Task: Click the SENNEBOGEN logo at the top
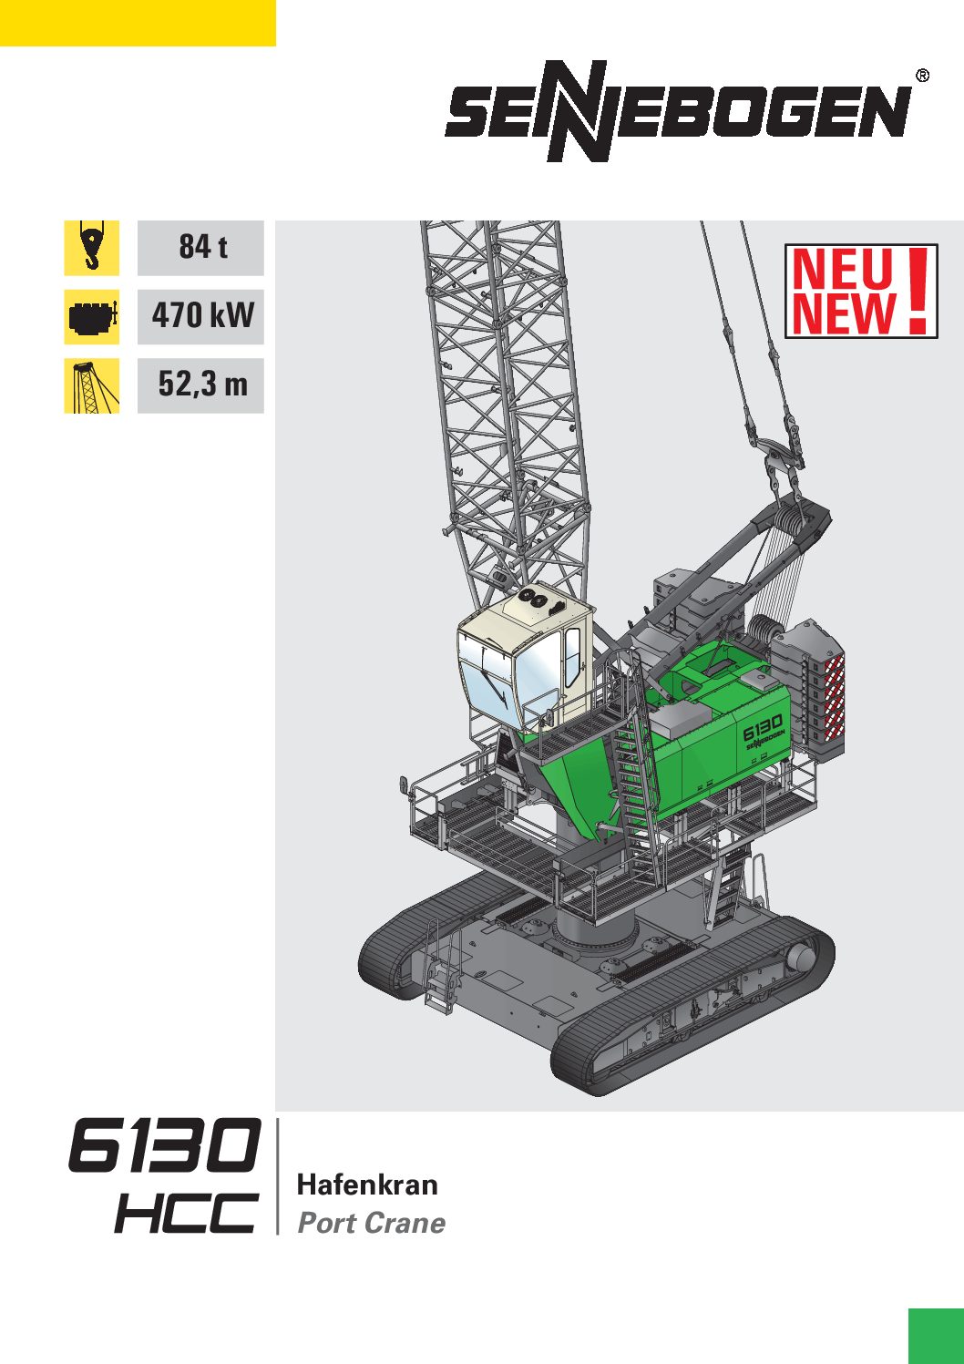click(679, 112)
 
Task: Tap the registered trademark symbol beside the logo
click(922, 76)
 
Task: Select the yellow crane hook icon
click(91, 247)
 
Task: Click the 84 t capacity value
click(201, 247)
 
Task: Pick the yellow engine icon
click(91, 316)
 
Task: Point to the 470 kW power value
click(201, 316)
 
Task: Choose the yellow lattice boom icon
click(91, 385)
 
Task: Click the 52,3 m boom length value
click(201, 385)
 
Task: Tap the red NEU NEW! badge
click(860, 291)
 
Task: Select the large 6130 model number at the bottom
click(165, 1145)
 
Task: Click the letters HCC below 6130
click(186, 1213)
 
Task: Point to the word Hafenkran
click(367, 1185)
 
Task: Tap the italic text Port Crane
click(372, 1223)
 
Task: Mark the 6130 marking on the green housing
click(762, 726)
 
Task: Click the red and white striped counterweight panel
click(833, 697)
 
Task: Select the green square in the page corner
click(936, 1336)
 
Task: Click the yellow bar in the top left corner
click(138, 23)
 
